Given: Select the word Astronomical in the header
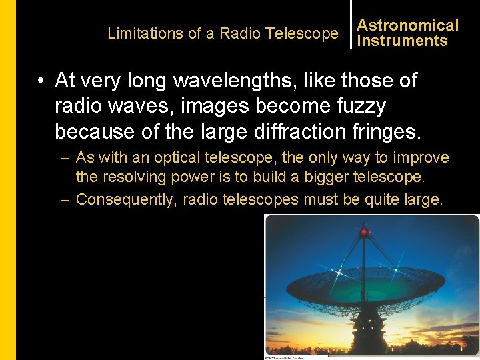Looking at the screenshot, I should pos(408,25).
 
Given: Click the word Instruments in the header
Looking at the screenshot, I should pos(402,41).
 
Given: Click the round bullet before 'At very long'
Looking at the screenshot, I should pos(41,81).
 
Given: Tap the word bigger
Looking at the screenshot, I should pos(337,178).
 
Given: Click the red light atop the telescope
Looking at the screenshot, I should pos(364,233).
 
